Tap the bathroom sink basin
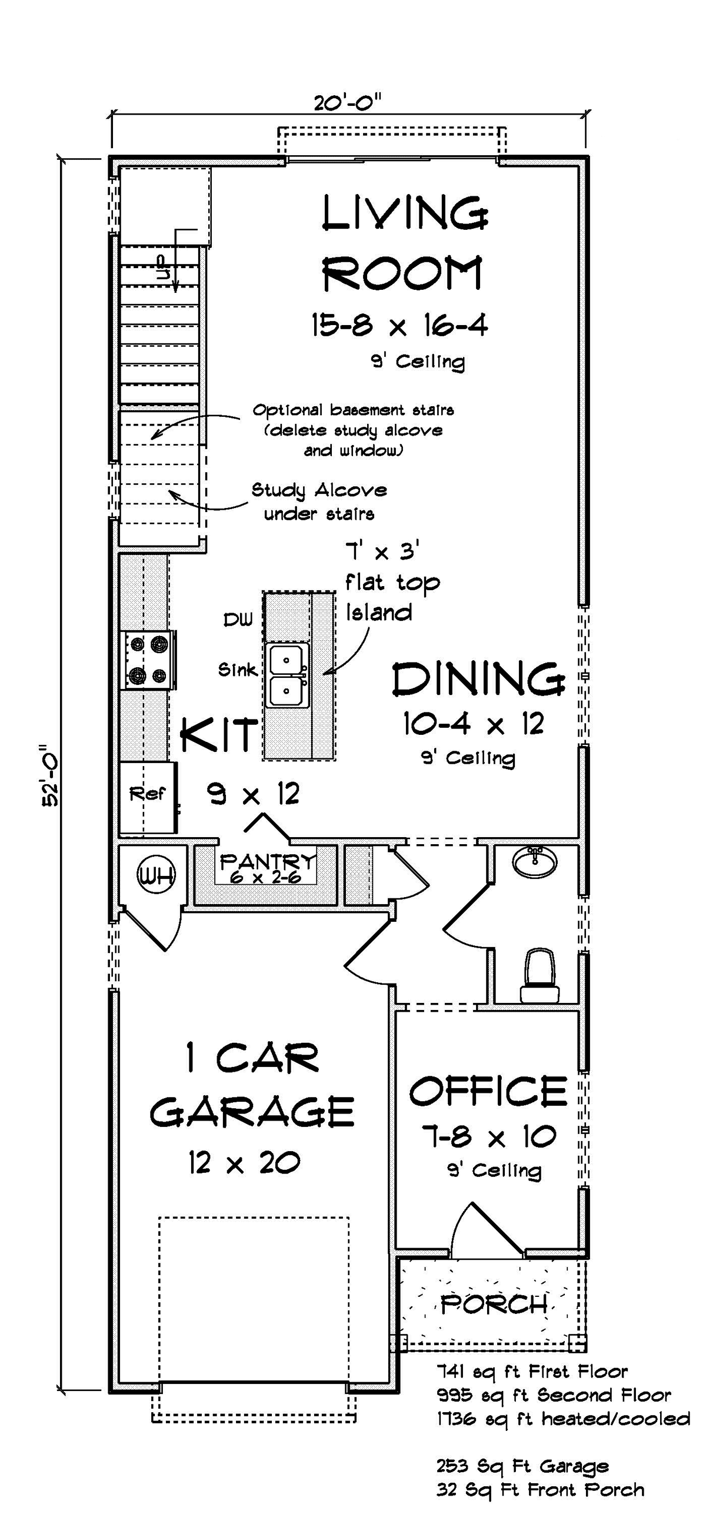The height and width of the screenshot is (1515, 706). click(535, 862)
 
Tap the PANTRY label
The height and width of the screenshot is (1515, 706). click(268, 862)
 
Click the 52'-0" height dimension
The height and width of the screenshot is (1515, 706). click(51, 776)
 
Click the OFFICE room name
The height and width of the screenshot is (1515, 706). click(488, 1092)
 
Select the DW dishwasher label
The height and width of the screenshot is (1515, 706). click(238, 618)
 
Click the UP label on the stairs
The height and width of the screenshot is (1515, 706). click(162, 267)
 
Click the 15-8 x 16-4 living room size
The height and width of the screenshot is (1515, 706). click(399, 325)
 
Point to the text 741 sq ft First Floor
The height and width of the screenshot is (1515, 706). click(532, 1372)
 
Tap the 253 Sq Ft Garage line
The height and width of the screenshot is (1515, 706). click(522, 1466)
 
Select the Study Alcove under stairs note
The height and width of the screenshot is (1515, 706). click(319, 501)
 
